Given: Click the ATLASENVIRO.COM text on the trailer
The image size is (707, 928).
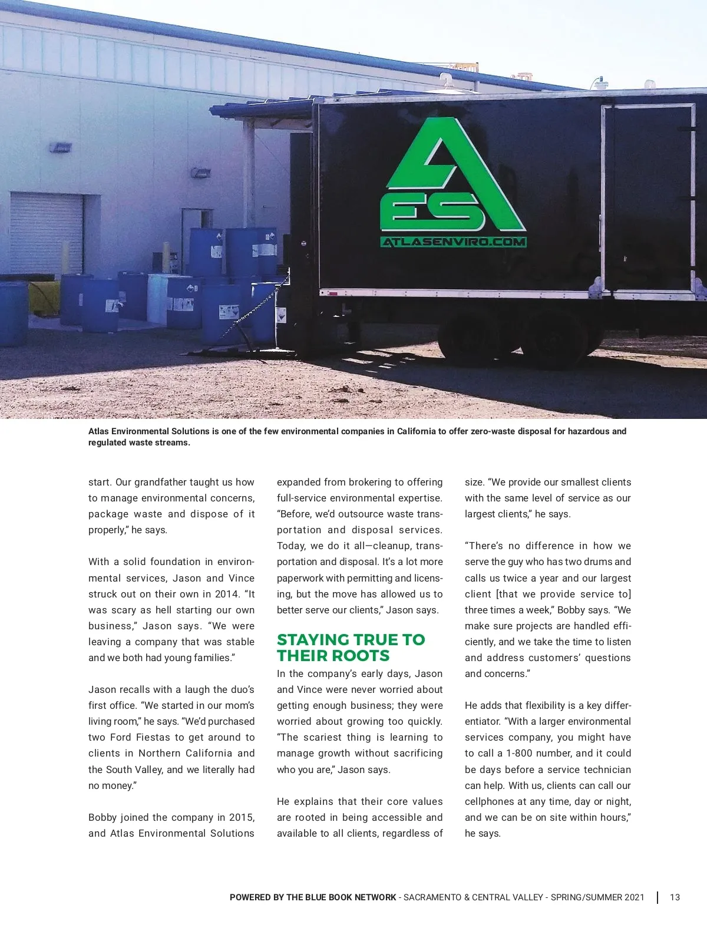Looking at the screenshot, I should coord(453,242).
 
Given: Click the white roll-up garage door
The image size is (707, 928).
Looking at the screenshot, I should coord(47,233).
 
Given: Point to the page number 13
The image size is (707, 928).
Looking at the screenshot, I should coord(675,897).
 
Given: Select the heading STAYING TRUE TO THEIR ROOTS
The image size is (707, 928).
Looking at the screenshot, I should coord(351,648).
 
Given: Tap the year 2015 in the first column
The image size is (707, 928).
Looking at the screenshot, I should coord(242,817).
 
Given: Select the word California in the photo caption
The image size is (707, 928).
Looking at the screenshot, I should coord(416,431).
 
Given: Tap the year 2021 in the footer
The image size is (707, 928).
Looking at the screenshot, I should coord(634,897).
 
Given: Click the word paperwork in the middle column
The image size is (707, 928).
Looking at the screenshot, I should coord(300,578).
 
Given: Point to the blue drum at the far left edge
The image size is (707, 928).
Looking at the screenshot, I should coord(12,312).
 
